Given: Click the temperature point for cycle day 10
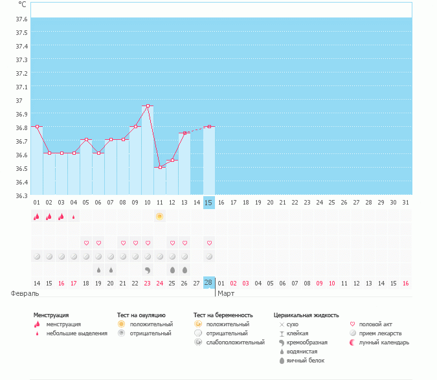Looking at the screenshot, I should pyautogui.click(x=148, y=106).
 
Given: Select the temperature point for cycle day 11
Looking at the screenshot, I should pyautogui.click(x=160, y=167).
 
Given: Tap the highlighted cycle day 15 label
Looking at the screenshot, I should pyautogui.click(x=208, y=203).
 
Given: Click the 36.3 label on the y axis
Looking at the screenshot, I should pyautogui.click(x=21, y=196).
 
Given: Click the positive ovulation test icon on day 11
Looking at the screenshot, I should pyautogui.click(x=159, y=216).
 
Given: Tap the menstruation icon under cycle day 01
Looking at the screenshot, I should pyautogui.click(x=37, y=216).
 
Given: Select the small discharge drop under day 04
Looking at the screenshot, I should pyautogui.click(x=74, y=217).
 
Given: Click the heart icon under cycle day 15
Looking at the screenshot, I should pyautogui.click(x=208, y=243).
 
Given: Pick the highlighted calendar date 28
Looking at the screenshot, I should pyautogui.click(x=208, y=283).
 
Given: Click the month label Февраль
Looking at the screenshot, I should pyautogui.click(x=20, y=293).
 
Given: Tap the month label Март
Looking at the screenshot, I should pyautogui.click(x=226, y=293).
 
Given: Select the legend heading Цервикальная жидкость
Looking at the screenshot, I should pyautogui.click(x=306, y=315).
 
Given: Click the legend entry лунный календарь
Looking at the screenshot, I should pyautogui.click(x=385, y=342).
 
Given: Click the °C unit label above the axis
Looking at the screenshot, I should pyautogui.click(x=23, y=5).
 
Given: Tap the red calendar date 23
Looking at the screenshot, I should pyautogui.click(x=147, y=283).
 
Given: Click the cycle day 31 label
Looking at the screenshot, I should pyautogui.click(x=405, y=203).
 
